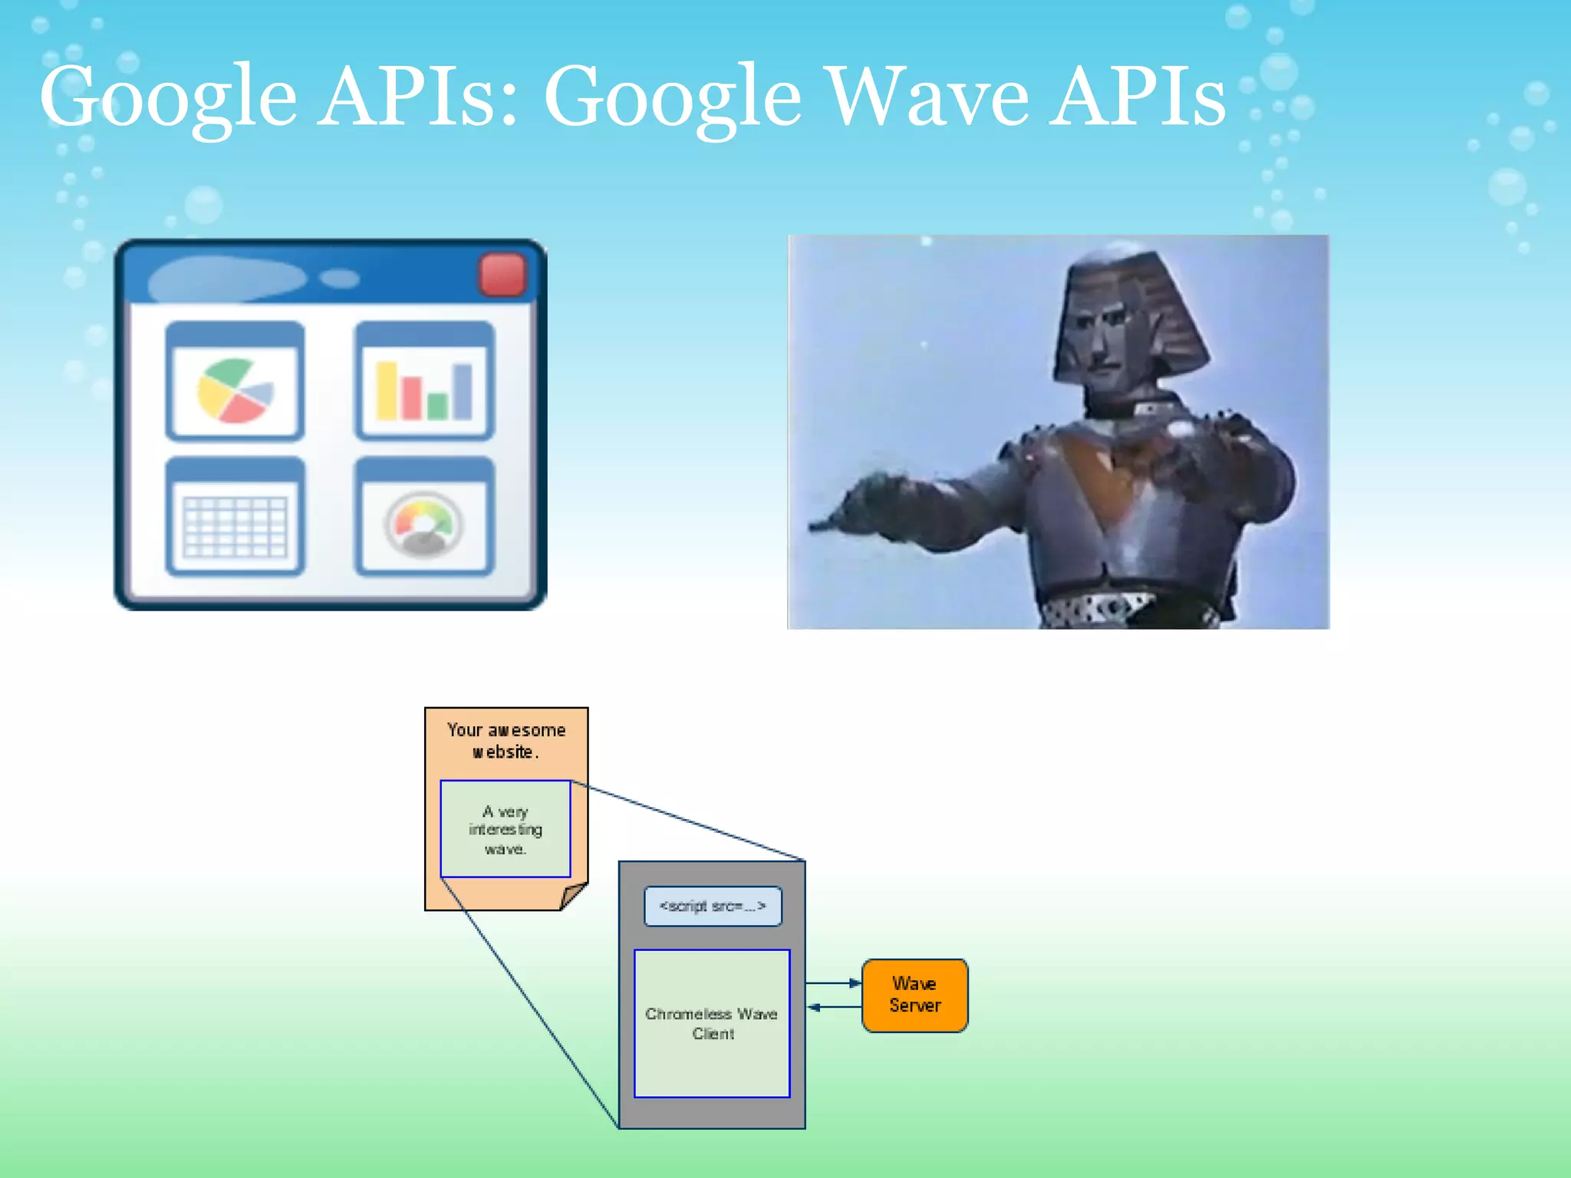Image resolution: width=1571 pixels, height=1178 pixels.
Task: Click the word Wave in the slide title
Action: pos(928,97)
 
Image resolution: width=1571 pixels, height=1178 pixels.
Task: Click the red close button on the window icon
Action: pos(502,275)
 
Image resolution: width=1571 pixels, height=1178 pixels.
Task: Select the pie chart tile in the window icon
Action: pos(235,382)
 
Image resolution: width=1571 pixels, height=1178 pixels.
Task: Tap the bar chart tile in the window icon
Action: pos(423,382)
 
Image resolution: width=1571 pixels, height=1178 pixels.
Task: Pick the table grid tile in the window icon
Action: pos(235,517)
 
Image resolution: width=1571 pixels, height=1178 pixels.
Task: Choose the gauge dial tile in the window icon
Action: pos(423,517)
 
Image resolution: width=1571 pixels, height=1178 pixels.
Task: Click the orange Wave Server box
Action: pos(914,995)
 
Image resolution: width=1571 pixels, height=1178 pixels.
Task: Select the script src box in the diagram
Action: pos(713,907)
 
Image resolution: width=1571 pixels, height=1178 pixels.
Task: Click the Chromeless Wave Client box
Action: pos(712,1023)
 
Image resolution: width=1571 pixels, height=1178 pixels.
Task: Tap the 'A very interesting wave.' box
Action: pos(506,829)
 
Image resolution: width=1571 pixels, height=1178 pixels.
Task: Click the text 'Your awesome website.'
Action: pos(506,741)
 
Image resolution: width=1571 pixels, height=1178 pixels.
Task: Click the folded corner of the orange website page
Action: pos(572,895)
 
